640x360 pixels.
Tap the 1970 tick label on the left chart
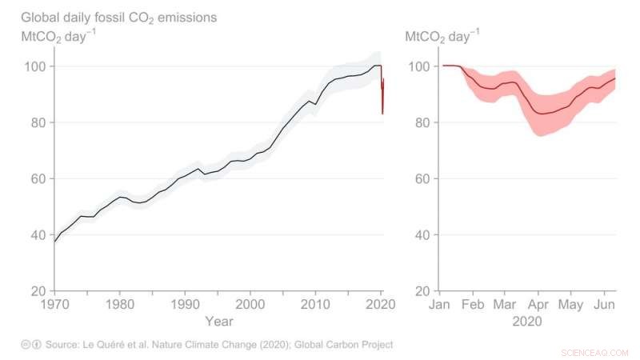[x=54, y=305]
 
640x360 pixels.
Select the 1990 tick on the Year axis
[x=185, y=305]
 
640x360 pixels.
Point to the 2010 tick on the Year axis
[x=315, y=305]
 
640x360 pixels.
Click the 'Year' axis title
[x=218, y=321]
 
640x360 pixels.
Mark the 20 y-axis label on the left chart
[x=37, y=290]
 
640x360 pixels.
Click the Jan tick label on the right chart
[x=441, y=305]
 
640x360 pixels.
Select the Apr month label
[x=538, y=305]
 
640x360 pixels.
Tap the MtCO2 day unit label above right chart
[x=442, y=36]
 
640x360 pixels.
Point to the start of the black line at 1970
[x=54, y=241]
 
